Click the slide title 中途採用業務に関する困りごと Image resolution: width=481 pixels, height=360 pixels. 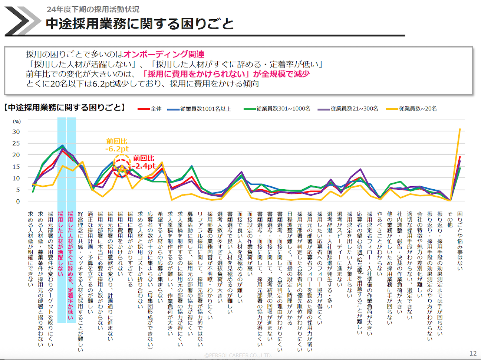pyautogui.click(x=140, y=24)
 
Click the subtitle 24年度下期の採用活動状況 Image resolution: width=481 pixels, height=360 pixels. pyautogui.click(x=93, y=9)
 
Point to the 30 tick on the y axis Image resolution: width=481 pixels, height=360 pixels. pyautogui.click(x=16, y=132)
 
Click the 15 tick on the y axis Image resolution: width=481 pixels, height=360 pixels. pyautogui.click(x=16, y=167)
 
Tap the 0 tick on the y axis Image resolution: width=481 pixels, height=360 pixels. pyautogui.click(x=17, y=202)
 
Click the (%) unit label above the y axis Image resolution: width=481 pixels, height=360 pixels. pyautogui.click(x=17, y=121)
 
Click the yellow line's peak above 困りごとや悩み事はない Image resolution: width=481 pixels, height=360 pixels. pyautogui.click(x=460, y=129)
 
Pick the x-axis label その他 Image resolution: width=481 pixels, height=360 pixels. pyautogui.click(x=450, y=220)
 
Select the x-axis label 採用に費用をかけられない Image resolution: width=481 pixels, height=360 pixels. pyautogui.click(x=120, y=243)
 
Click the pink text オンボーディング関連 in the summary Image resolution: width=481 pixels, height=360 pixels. pyautogui.click(x=164, y=54)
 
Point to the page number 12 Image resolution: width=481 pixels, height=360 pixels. pyautogui.click(x=473, y=353)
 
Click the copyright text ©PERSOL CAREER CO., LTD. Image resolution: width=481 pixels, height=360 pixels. pyautogui.click(x=238, y=355)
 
